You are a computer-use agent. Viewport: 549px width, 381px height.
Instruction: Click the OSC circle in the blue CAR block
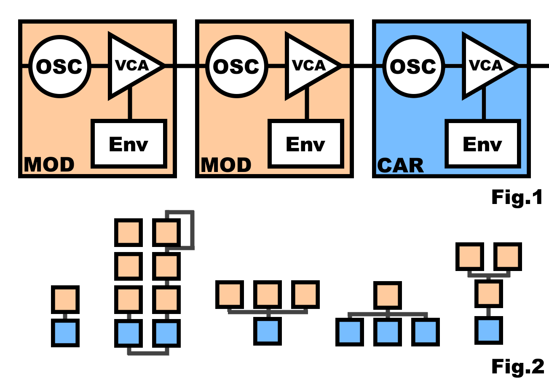point(413,66)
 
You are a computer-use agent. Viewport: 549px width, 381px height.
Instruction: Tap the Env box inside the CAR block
point(482,143)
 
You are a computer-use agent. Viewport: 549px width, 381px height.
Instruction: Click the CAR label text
point(400,165)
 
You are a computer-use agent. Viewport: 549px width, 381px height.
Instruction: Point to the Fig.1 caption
point(517,197)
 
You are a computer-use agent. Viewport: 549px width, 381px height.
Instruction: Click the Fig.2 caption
point(517,366)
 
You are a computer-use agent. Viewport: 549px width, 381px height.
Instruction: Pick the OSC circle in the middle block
point(236,66)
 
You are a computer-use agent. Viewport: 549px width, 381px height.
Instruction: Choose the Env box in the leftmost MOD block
point(129,143)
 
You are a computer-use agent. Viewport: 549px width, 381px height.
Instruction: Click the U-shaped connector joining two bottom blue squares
point(148,351)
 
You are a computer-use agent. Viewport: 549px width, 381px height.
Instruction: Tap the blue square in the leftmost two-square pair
point(65,333)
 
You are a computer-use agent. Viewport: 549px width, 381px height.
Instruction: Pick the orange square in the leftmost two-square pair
point(65,299)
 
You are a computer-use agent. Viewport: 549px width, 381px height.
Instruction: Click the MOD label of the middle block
point(226,165)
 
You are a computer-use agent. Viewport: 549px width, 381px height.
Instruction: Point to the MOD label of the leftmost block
point(49,165)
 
